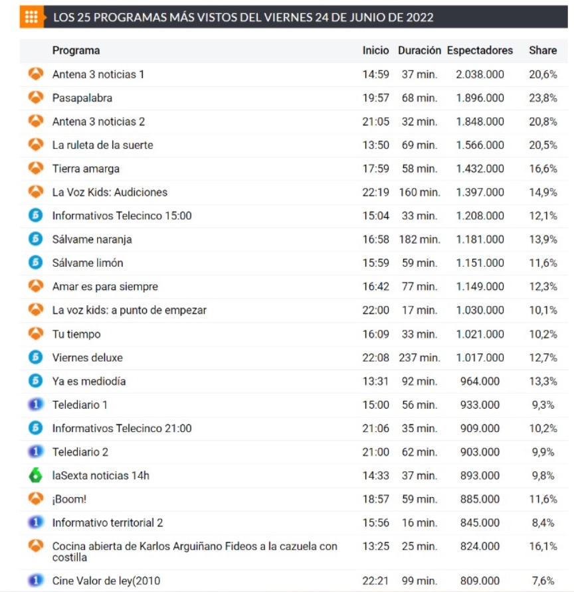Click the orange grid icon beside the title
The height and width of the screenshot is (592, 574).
pyautogui.click(x=31, y=17)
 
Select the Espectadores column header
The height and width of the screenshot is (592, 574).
pyautogui.click(x=480, y=50)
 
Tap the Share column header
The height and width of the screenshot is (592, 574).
pyautogui.click(x=542, y=50)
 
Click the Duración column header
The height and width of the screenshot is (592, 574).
pyautogui.click(x=419, y=50)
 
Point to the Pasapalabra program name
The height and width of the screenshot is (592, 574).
pyautogui.click(x=82, y=98)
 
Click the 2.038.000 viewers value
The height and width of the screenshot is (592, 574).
pyautogui.click(x=480, y=74)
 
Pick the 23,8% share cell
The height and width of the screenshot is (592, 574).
pyautogui.click(x=543, y=98)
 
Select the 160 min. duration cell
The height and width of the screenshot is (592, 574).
pyautogui.click(x=419, y=192)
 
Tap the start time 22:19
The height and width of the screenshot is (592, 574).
pyautogui.click(x=375, y=192)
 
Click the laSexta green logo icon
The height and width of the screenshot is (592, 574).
pyautogui.click(x=36, y=475)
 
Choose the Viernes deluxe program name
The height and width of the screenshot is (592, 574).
pyautogui.click(x=88, y=358)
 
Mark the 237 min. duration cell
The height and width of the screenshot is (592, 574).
pyautogui.click(x=419, y=358)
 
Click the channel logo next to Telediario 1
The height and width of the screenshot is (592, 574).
pyautogui.click(x=36, y=404)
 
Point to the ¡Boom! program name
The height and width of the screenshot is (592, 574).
pyautogui.click(x=69, y=499)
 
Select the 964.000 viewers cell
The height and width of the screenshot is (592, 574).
pyautogui.click(x=480, y=381)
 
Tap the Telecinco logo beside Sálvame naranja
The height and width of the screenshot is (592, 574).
pyautogui.click(x=36, y=239)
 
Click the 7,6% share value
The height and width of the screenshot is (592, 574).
pyautogui.click(x=543, y=581)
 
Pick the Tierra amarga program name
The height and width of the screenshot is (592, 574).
pyautogui.click(x=86, y=169)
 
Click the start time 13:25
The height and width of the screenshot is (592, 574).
pyautogui.click(x=375, y=546)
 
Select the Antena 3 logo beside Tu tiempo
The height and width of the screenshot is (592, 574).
pyautogui.click(x=36, y=333)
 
